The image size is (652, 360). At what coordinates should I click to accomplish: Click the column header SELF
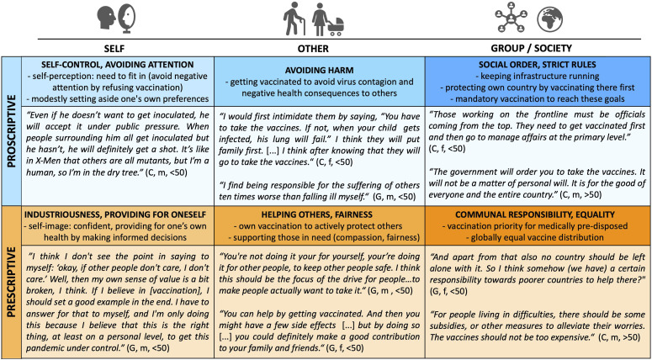pyautogui.click(x=117, y=47)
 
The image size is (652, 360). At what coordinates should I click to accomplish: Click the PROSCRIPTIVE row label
pyautogui.click(x=11, y=135)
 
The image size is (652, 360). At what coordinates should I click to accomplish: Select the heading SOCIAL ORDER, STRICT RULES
pyautogui.click(x=537, y=65)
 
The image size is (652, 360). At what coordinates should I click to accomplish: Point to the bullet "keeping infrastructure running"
pyautogui.click(x=537, y=76)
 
